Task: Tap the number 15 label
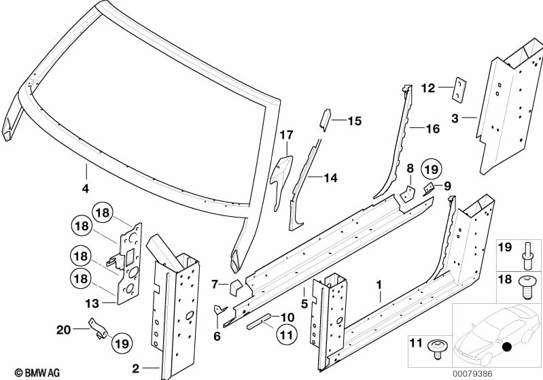click(355, 122)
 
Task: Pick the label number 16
click(434, 128)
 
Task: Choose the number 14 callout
click(330, 178)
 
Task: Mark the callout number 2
click(136, 369)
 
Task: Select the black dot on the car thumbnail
click(506, 347)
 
